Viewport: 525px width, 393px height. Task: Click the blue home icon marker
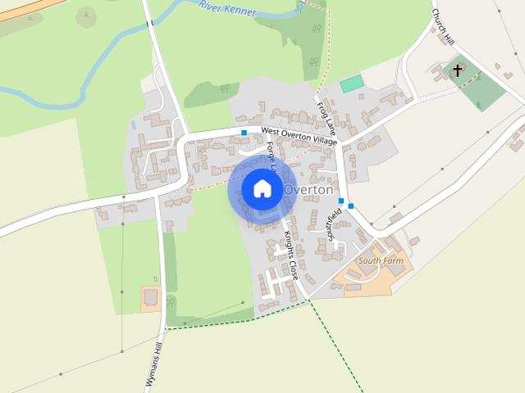(262, 188)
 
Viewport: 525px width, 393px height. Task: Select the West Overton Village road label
(299, 137)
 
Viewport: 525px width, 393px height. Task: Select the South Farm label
(381, 261)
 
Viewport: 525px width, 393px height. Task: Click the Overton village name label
(308, 190)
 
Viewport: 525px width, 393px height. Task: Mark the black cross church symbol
(457, 71)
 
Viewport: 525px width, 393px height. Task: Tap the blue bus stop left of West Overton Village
(244, 132)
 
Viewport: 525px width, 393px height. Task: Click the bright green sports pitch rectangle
(351, 84)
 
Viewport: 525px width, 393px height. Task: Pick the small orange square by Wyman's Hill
(150, 297)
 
